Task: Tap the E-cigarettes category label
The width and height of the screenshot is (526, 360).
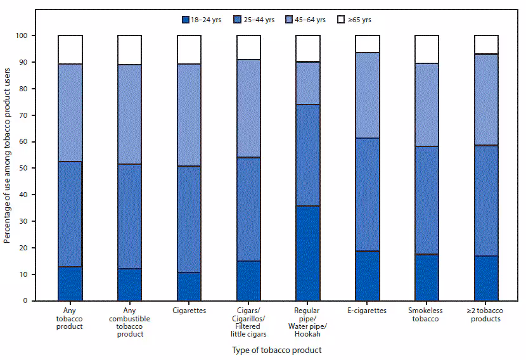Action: [368, 311]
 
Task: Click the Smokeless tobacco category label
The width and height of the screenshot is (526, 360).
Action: [427, 314]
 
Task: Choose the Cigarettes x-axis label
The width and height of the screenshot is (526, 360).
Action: [189, 311]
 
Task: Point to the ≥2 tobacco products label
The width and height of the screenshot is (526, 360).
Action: [486, 314]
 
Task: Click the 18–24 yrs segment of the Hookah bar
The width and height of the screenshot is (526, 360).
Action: [308, 253]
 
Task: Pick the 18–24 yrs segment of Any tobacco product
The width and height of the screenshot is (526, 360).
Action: [70, 283]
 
